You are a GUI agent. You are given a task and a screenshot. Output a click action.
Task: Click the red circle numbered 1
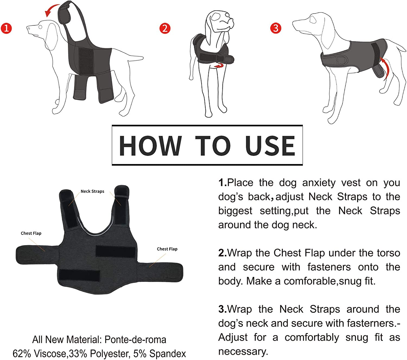pos(6,28)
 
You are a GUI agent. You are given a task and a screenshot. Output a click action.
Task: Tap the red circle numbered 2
pos(165,28)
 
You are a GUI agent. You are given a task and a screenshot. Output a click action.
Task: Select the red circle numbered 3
pos(276,28)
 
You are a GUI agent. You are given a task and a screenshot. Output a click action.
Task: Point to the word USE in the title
pos(270,146)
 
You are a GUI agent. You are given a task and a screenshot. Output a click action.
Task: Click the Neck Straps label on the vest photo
pos(92,191)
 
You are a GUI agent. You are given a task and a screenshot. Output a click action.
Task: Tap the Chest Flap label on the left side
pos(31,233)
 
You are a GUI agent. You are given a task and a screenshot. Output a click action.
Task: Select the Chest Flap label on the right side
pos(167,249)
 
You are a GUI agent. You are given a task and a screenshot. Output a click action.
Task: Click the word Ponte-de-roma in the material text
pos(135,340)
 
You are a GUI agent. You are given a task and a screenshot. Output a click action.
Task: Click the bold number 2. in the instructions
pos(222,253)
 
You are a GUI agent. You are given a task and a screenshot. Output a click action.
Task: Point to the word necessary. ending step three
pos(243,352)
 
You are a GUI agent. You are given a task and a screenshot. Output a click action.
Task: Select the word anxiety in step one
pos(319,183)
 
